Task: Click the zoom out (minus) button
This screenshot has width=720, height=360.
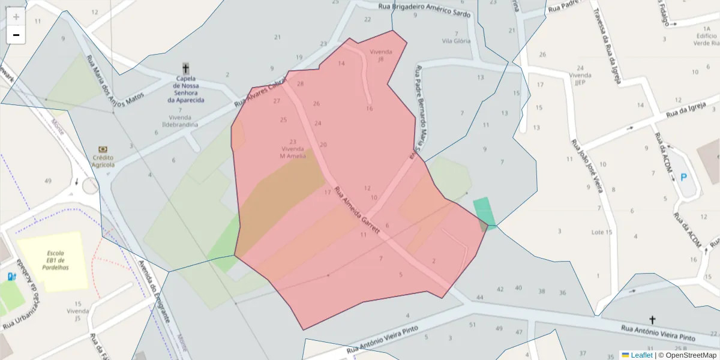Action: tap(16, 35)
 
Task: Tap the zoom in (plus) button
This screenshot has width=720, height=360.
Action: tap(16, 17)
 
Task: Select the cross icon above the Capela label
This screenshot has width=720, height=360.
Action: tap(186, 68)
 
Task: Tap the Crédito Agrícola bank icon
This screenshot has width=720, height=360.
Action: tap(103, 149)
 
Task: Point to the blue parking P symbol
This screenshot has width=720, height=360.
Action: tap(683, 178)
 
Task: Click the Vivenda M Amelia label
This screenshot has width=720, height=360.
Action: tap(293, 152)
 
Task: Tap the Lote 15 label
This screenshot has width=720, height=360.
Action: tap(601, 232)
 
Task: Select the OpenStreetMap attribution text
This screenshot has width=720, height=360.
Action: tap(690, 355)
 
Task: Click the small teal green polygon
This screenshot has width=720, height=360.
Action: tap(484, 211)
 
